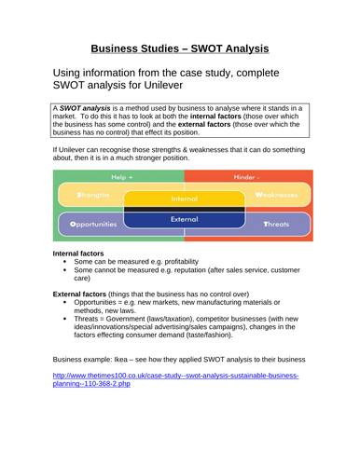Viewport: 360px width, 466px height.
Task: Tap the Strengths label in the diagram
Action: (93, 196)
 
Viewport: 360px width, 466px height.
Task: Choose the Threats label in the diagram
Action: (276, 225)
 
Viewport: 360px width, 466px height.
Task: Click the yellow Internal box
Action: (184, 199)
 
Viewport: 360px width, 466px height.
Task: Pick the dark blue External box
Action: (184, 219)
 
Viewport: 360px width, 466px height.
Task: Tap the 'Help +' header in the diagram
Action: (122, 176)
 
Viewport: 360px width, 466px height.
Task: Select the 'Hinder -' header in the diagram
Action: (246, 176)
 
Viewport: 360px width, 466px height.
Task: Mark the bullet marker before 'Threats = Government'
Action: (63, 321)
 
